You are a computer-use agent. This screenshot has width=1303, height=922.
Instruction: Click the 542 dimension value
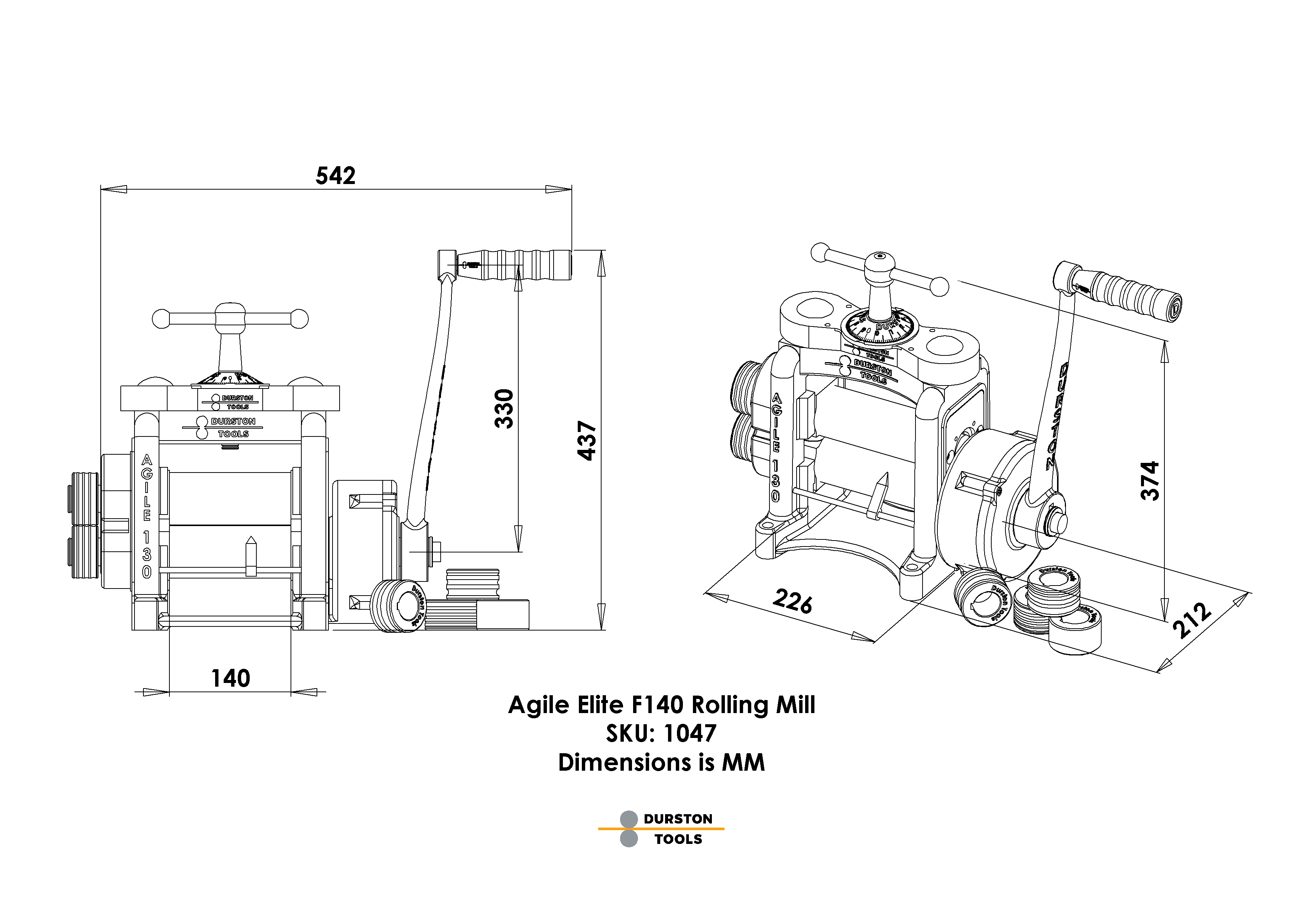click(x=336, y=176)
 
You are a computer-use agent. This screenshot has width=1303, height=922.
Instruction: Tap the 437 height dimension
click(x=587, y=441)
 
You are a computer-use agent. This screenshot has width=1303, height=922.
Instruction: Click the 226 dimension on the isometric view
click(x=792, y=602)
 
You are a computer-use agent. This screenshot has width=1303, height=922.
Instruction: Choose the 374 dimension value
click(x=1150, y=480)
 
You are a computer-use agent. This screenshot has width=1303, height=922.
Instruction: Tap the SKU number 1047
click(x=690, y=734)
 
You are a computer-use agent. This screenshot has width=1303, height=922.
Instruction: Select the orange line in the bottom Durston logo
click(x=661, y=829)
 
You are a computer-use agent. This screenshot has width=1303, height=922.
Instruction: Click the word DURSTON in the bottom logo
click(x=678, y=819)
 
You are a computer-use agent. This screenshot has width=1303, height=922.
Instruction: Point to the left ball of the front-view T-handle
click(x=161, y=319)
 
